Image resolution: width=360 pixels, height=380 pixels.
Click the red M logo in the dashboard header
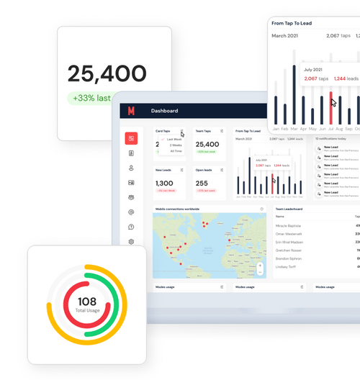click(131, 111)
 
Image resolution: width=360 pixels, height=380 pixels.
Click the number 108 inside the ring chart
click(87, 302)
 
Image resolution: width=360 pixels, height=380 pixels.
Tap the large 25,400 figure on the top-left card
click(107, 73)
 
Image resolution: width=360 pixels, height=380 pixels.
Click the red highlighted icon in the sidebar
click(131, 138)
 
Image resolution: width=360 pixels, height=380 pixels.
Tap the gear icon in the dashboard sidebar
click(131, 242)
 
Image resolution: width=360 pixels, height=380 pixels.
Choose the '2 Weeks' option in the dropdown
click(176, 145)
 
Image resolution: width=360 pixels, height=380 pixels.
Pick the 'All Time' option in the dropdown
click(176, 151)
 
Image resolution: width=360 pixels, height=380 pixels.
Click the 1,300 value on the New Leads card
click(164, 184)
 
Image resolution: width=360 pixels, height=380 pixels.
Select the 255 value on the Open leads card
click(202, 184)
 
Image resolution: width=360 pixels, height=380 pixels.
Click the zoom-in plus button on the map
click(260, 266)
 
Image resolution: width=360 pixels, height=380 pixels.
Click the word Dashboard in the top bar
click(164, 111)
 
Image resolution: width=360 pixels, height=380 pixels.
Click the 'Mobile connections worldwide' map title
click(177, 209)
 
